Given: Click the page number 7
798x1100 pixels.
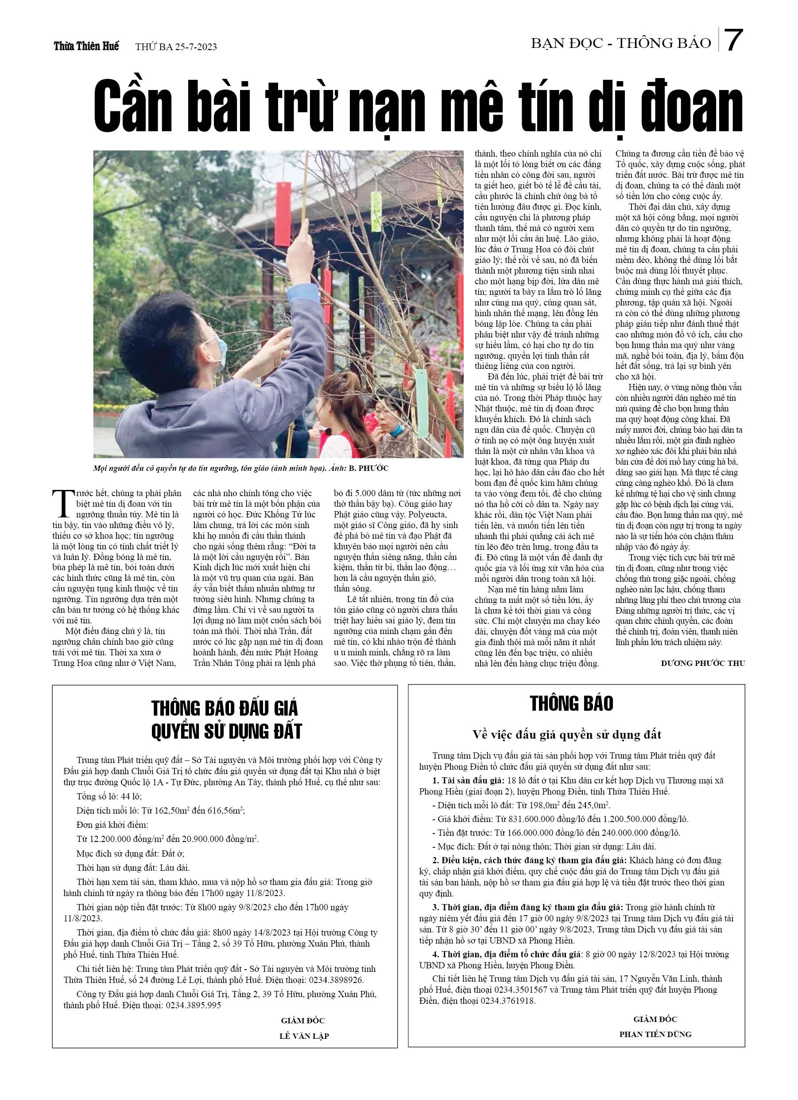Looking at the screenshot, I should point(735,41).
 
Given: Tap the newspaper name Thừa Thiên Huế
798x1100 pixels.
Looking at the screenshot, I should point(86,47).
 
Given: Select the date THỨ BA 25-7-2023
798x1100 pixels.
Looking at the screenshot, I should point(176,47).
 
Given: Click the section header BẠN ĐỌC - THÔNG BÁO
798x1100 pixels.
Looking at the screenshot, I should point(621,43).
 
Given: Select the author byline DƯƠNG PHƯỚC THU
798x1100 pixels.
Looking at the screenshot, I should point(702,663).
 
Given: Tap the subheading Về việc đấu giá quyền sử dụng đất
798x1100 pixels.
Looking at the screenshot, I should point(566,735).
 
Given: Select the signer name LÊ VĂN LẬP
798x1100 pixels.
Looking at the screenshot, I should point(304,1036).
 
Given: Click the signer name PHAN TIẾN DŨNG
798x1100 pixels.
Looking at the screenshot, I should point(655,1034).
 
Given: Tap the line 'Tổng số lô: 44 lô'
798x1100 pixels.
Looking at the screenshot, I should point(109,796).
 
